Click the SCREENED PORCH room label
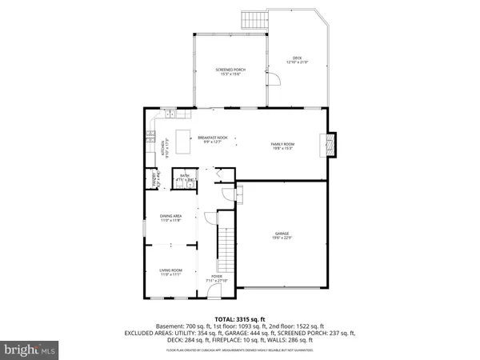point(230,70)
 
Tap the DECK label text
point(297,57)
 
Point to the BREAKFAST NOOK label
point(213,138)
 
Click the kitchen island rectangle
point(186,137)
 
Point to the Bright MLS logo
point(30,350)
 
